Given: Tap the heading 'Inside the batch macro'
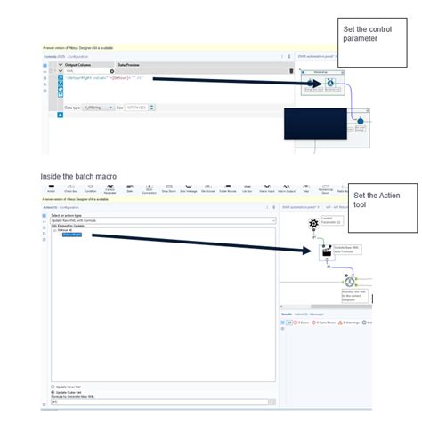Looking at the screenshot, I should (x=78, y=176).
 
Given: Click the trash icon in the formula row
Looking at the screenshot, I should (x=290, y=71).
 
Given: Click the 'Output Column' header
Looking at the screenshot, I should (x=77, y=65).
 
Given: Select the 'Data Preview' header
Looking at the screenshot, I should (x=130, y=65).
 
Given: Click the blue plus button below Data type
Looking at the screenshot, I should (x=60, y=115).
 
